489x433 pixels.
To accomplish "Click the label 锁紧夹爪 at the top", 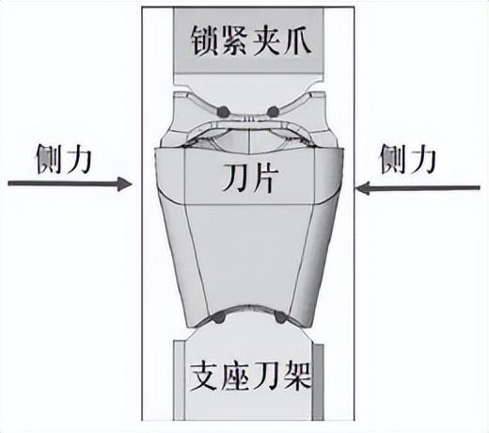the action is click(x=251, y=40).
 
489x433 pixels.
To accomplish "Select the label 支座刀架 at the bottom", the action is click(x=250, y=377).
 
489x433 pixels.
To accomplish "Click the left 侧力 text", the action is click(x=64, y=159).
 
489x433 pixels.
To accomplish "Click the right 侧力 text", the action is click(x=408, y=159).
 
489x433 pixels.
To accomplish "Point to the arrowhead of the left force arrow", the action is click(x=125, y=184).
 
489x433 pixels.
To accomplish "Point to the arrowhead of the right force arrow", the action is click(x=362, y=188).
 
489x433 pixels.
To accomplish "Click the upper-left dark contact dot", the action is click(x=224, y=111).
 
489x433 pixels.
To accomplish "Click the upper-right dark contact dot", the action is click(x=273, y=111).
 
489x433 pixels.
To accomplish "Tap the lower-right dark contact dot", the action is click(x=280, y=318).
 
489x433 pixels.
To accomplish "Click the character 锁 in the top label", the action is click(x=205, y=41).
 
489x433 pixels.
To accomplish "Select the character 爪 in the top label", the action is click(x=297, y=40).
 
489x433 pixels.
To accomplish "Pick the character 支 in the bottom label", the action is click(x=204, y=377).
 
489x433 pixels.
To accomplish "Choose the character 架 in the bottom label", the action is click(x=297, y=377).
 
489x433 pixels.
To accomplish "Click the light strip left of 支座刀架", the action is click(x=180, y=380).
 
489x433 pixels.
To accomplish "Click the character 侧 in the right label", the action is click(x=393, y=159).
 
